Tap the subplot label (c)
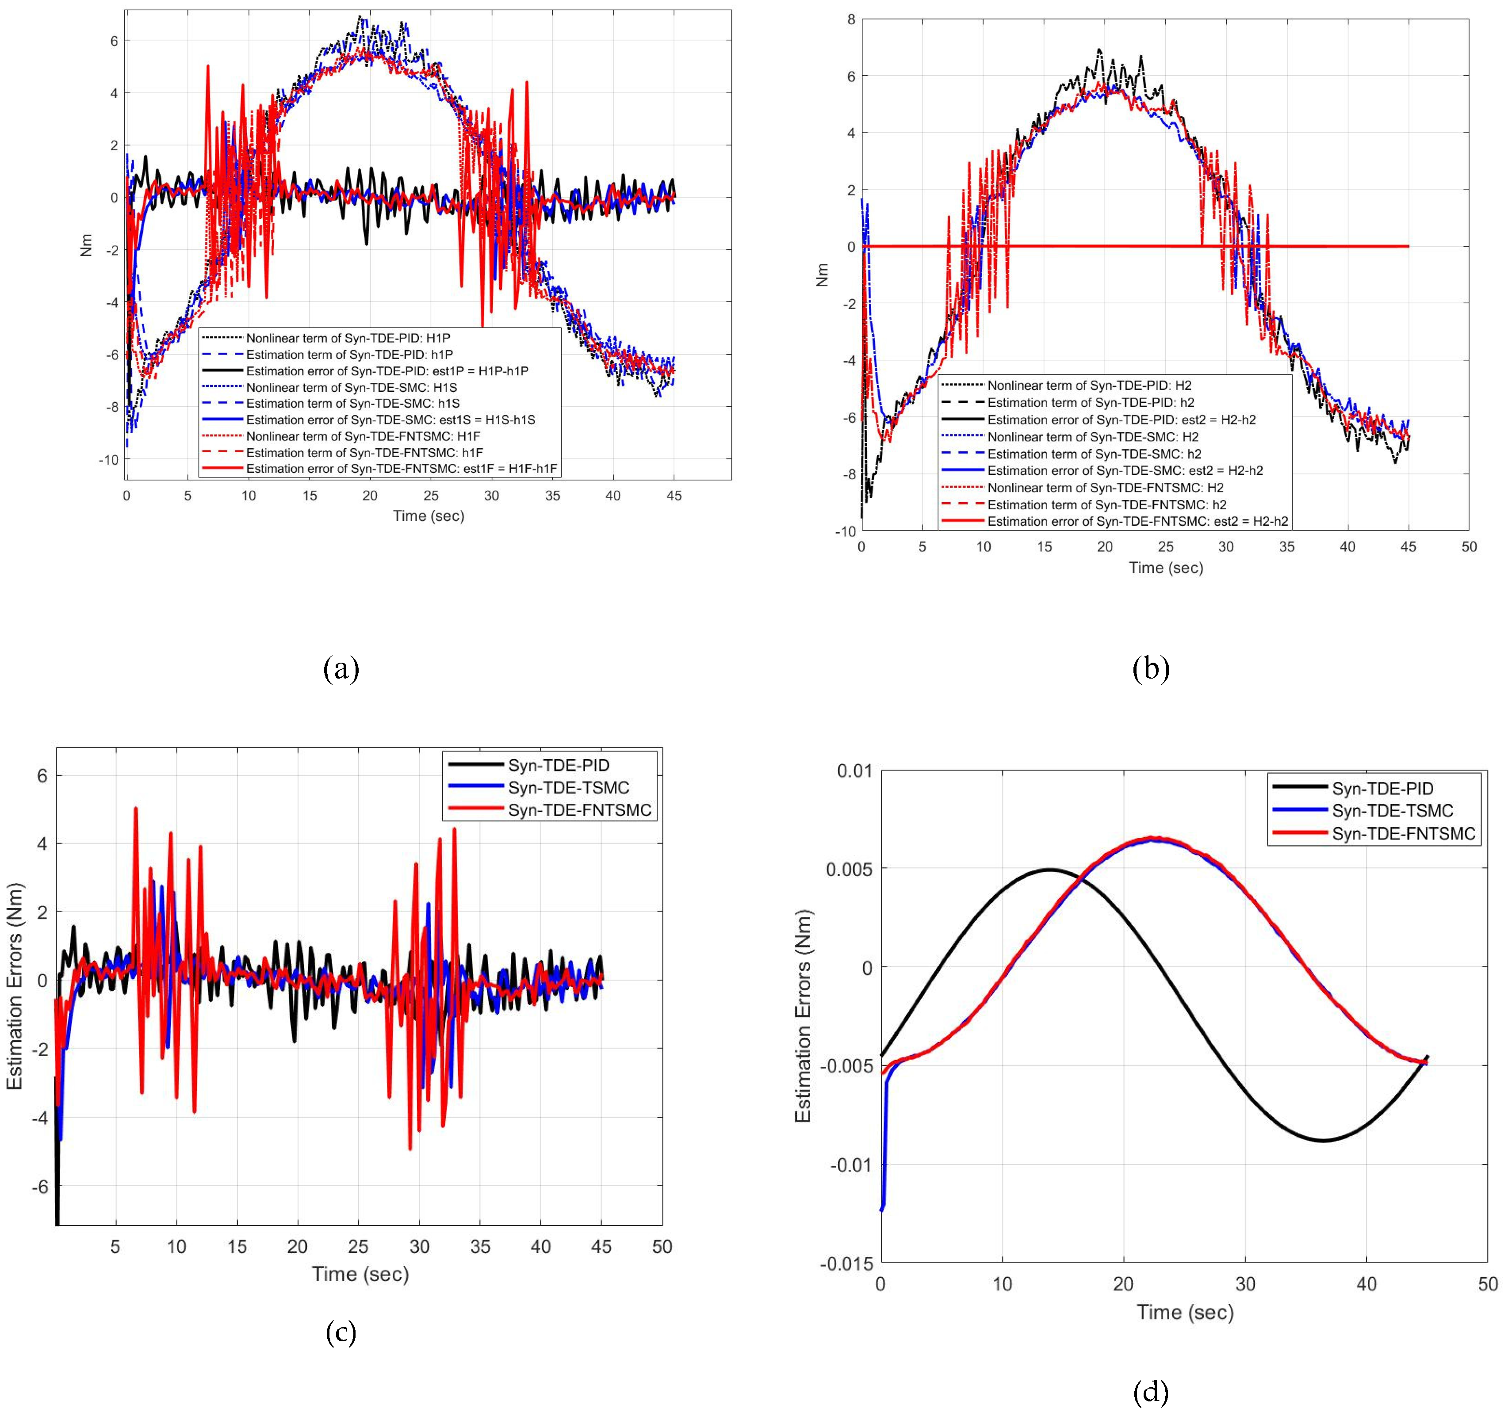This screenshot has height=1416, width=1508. pyautogui.click(x=341, y=1332)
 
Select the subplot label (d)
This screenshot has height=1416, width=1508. pyautogui.click(x=1150, y=1392)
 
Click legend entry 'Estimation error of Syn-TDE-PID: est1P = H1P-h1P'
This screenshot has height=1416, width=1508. pyautogui.click(x=387, y=371)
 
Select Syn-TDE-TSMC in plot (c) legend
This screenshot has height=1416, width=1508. pyautogui.click(x=568, y=787)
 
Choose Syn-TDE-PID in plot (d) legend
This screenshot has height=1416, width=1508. pyautogui.click(x=1382, y=789)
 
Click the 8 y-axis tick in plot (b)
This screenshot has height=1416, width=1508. pyautogui.click(x=851, y=20)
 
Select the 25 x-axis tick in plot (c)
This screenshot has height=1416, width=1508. pyautogui.click(x=358, y=1247)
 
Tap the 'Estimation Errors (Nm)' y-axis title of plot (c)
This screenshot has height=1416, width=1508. pyautogui.click(x=15, y=986)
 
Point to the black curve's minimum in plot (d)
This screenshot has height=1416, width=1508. pyautogui.click(x=1322, y=1140)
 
